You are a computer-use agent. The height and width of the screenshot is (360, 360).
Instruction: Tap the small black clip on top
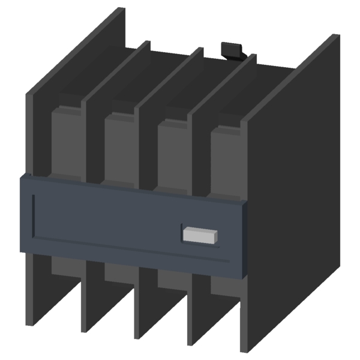tap(232, 50)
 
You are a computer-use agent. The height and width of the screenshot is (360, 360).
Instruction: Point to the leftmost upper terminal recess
tap(67, 141)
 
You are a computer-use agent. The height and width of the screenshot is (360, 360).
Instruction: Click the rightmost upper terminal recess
tap(225, 159)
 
